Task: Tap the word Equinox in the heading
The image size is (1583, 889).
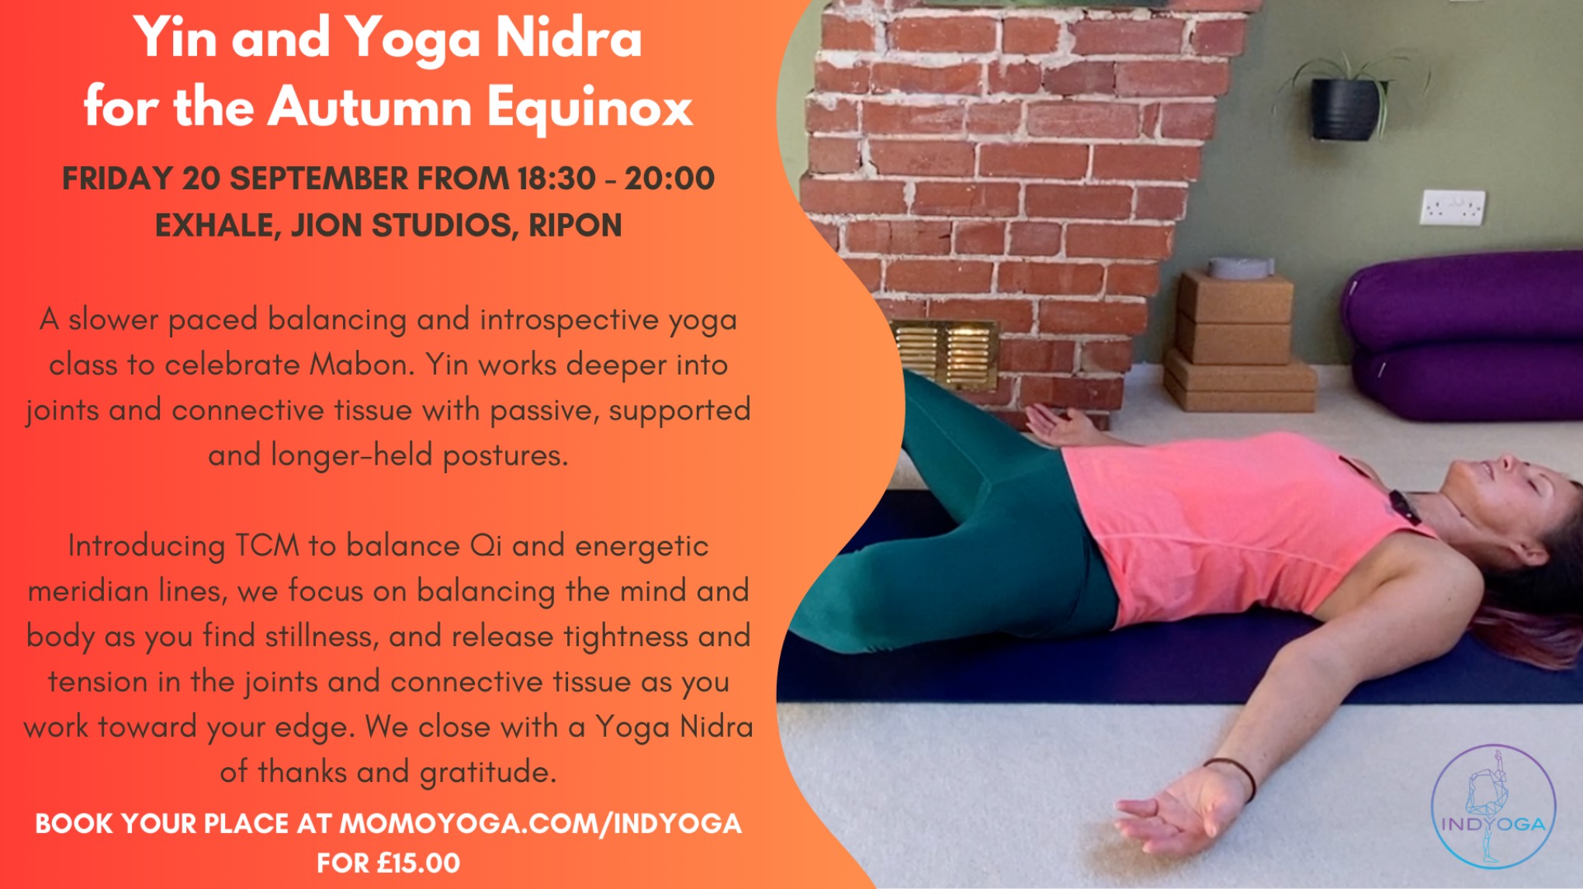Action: (590, 107)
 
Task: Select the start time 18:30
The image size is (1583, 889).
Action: (556, 178)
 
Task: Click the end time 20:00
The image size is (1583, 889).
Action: (669, 178)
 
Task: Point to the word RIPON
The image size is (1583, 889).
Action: (575, 226)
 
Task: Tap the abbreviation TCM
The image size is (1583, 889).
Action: (268, 545)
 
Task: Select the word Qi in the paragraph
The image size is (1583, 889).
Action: (487, 545)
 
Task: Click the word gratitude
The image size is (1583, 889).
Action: (488, 773)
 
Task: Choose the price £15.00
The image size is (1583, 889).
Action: (419, 863)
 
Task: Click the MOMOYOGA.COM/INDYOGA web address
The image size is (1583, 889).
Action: (540, 823)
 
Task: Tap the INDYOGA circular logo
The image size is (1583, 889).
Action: (1493, 807)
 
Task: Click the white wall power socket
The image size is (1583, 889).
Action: (1453, 208)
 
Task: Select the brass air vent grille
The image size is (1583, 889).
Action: (946, 355)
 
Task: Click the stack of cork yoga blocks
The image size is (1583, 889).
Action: (1238, 345)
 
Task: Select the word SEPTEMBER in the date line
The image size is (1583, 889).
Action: (318, 178)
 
